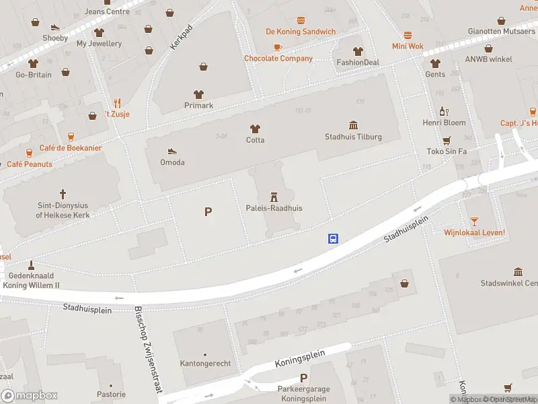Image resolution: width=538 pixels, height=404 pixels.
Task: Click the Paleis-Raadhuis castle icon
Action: pos(274,197)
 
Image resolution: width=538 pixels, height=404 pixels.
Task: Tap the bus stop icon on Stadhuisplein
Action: pos(333,238)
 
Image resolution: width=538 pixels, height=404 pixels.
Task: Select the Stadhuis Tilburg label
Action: pos(353,137)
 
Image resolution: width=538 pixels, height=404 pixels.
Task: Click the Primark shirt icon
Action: pos(198,94)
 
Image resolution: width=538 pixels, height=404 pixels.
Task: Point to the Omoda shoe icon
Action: pos(172,151)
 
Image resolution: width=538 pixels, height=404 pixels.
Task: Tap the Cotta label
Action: pos(255,140)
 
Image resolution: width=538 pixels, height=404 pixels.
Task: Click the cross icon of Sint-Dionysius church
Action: pos(63,193)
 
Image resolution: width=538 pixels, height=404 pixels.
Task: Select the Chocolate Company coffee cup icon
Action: pos(278,47)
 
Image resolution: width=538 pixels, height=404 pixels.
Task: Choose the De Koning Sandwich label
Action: pos(301,32)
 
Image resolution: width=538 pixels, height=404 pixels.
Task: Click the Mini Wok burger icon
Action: pos(408,35)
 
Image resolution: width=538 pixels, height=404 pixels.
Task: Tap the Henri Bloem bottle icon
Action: pos(443,111)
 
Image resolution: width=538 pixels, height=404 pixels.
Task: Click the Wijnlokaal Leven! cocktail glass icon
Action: pos(474,221)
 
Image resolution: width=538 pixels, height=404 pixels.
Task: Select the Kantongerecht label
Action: pos(205,364)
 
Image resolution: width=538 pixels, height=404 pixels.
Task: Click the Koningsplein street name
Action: pos(300,359)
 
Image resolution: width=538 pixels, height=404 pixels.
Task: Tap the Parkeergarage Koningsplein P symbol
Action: pos(304,378)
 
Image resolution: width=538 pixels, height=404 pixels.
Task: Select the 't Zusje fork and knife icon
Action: pos(118,103)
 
